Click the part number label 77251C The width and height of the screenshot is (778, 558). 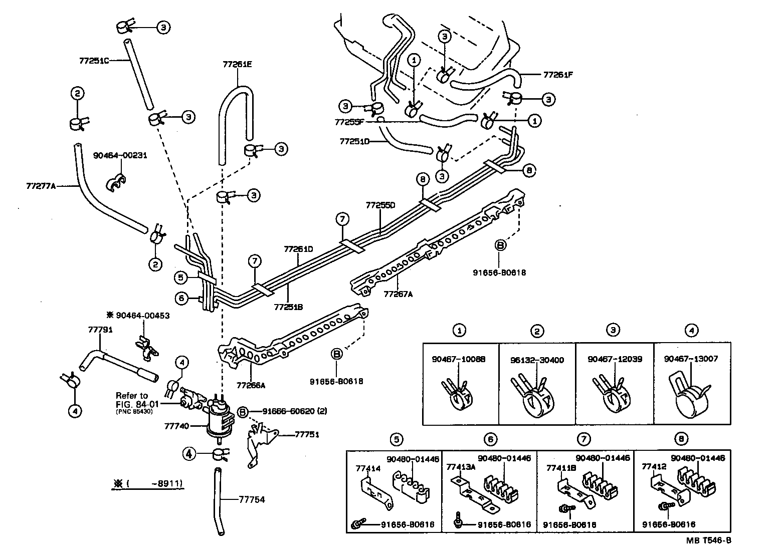click(94, 61)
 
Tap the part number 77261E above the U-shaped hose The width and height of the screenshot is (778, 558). click(237, 64)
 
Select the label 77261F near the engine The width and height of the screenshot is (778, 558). click(557, 75)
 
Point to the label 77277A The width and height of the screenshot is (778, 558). click(41, 186)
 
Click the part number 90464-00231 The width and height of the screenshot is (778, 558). click(120, 155)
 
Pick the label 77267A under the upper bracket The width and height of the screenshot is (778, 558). click(398, 294)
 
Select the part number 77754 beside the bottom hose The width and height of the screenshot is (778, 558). click(252, 499)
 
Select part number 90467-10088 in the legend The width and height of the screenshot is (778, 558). click(458, 359)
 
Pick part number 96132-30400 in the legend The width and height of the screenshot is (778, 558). click(536, 359)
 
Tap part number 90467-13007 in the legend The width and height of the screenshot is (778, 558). click(691, 359)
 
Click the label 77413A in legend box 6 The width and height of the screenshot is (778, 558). click(457, 465)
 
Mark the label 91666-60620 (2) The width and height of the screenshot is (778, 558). click(289, 411)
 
